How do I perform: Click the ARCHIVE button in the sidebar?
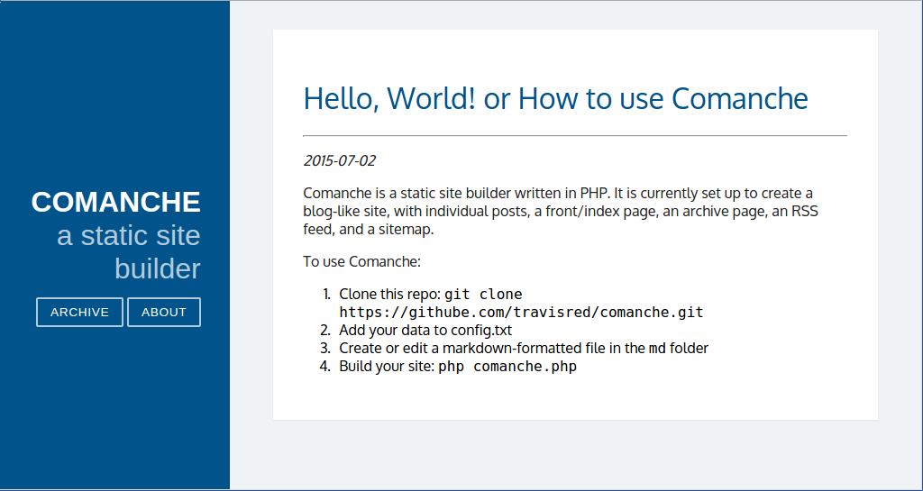[79, 313]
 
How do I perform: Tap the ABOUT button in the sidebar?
[164, 313]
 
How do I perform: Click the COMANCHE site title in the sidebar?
[116, 203]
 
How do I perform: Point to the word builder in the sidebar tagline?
[158, 268]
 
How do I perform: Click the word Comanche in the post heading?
[740, 98]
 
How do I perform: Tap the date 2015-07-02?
[340, 160]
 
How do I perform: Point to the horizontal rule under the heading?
[575, 136]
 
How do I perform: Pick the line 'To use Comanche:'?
[362, 261]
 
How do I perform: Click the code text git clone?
[483, 294]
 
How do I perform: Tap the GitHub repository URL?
[522, 313]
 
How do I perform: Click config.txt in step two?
[481, 331]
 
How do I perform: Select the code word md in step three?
[657, 349]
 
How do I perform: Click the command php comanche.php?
[507, 367]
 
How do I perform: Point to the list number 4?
[325, 367]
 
